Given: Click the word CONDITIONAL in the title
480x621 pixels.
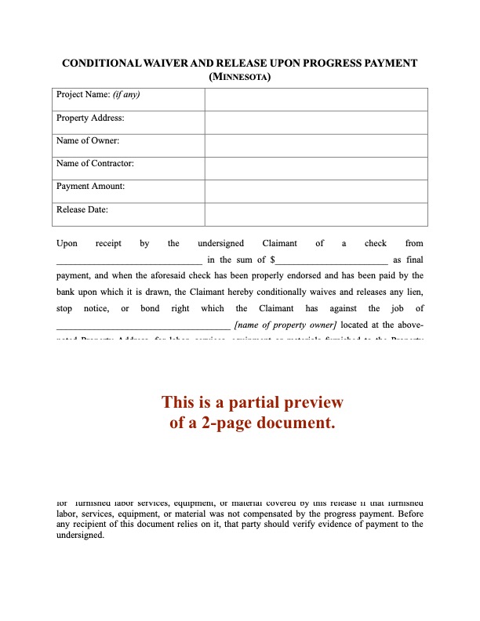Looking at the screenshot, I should pos(99,63).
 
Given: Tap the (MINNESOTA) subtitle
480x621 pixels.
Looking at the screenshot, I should pos(240,77).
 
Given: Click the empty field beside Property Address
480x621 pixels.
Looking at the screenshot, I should pos(316,122).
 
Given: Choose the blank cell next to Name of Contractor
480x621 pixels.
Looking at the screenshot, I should pos(316,168).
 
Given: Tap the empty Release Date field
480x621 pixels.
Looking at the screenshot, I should pos(316,214).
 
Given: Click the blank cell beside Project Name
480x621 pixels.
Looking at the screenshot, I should pos(316,100).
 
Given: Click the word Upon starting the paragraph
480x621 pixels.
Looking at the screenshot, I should pos(67,243).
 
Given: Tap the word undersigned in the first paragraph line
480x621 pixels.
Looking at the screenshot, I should pos(220,243).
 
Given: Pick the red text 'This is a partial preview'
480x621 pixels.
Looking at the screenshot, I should pos(253,402).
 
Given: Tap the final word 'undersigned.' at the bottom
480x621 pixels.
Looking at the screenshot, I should pos(80,535).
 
